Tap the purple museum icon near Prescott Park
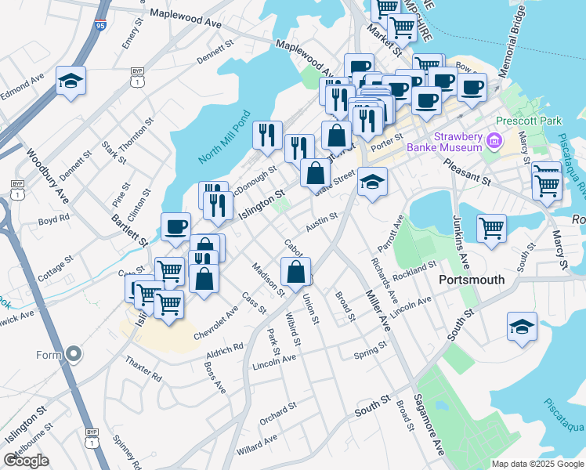494,142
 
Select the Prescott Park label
526,121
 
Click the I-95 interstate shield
99,27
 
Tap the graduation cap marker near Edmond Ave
71,81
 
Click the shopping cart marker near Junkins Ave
491,229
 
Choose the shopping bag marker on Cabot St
296,272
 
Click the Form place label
48,354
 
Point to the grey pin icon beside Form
74,354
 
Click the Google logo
27,461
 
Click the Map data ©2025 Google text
537,464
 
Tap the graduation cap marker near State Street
372,182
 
